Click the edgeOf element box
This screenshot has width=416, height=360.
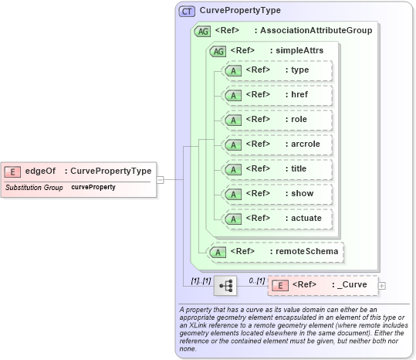tap(77, 171)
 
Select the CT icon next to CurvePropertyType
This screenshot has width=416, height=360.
tap(187, 12)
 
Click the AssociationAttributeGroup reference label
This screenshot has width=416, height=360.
tap(316, 31)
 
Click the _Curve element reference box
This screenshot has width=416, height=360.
tap(323, 285)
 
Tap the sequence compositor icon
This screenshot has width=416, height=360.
tap(225, 286)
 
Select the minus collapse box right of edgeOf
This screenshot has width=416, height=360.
tap(160, 179)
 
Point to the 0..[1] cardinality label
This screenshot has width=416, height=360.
tap(256, 279)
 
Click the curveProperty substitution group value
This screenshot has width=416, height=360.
tap(93, 188)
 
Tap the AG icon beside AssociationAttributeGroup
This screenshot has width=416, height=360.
tap(203, 31)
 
